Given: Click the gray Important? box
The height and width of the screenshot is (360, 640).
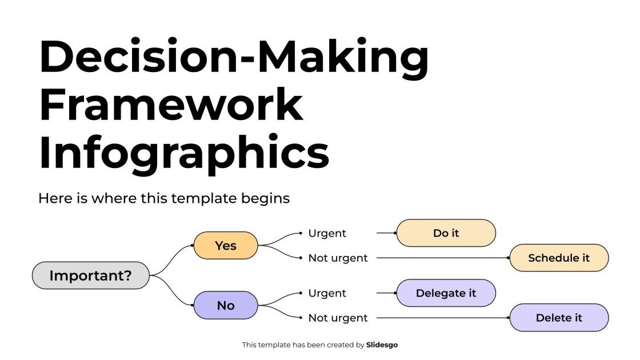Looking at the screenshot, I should pyautogui.click(x=90, y=275).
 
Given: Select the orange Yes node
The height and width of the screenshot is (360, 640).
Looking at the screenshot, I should pyautogui.click(x=226, y=245).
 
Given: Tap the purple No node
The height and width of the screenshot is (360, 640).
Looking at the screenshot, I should pyautogui.click(x=226, y=306).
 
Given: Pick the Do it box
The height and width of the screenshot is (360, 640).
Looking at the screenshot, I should pyautogui.click(x=446, y=233).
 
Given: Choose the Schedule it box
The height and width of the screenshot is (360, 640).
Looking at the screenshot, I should pyautogui.click(x=559, y=258).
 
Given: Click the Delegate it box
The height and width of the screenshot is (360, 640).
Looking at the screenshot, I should pyautogui.click(x=446, y=293).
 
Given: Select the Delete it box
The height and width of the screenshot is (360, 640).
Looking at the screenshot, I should pyautogui.click(x=559, y=318).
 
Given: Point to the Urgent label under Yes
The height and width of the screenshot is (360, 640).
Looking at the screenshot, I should pyautogui.click(x=327, y=233).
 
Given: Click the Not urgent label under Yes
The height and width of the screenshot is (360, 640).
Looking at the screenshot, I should pyautogui.click(x=338, y=258).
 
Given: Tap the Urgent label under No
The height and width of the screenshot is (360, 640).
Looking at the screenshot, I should pyautogui.click(x=327, y=293).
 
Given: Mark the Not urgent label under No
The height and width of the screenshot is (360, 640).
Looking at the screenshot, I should pyautogui.click(x=338, y=318).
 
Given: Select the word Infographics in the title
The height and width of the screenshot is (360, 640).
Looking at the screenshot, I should pyautogui.click(x=184, y=153).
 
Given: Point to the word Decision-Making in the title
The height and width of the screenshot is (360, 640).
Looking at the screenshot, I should pyautogui.click(x=234, y=57).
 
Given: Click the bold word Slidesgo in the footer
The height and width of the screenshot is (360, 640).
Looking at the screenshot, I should pyautogui.click(x=382, y=345).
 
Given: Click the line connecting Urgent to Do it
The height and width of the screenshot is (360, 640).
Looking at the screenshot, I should pyautogui.click(x=386, y=233).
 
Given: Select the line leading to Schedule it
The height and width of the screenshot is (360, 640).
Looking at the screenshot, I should pyautogui.click(x=440, y=258).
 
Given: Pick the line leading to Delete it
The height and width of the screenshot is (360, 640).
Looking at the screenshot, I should pyautogui.click(x=440, y=318).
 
